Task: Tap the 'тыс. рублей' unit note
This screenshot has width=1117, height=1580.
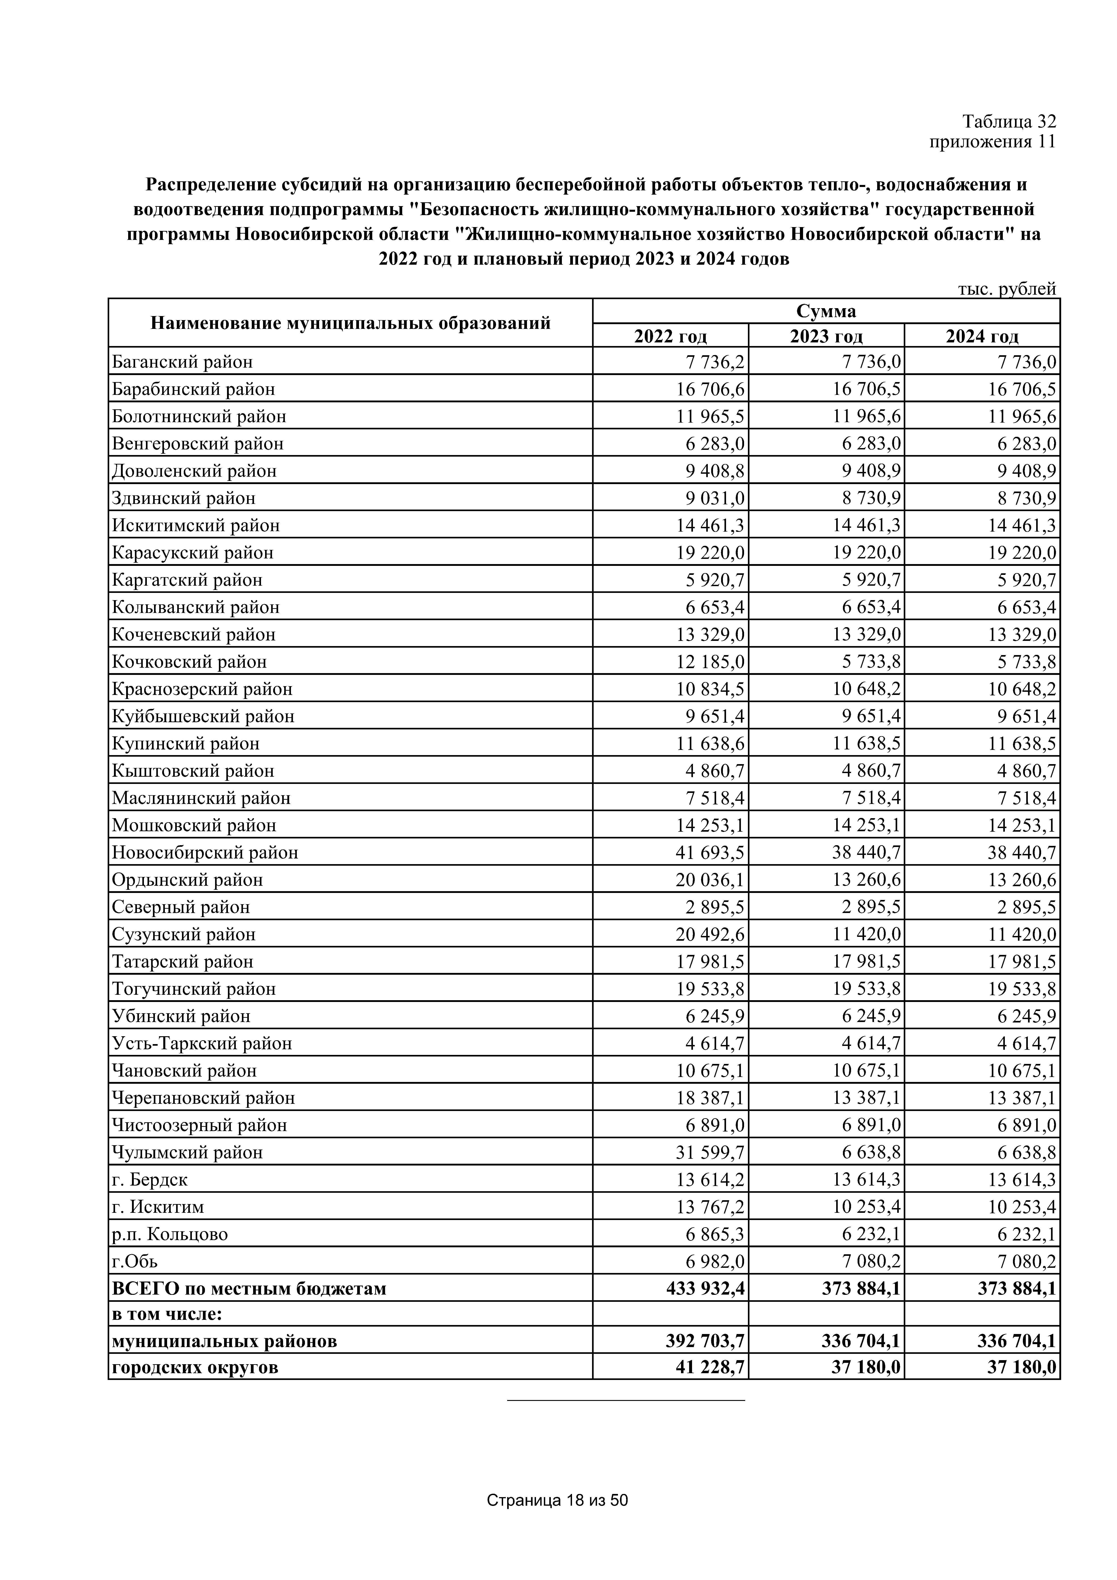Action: (1006, 289)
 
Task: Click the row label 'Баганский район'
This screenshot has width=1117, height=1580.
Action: (182, 361)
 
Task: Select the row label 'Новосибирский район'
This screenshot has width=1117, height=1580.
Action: (205, 853)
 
